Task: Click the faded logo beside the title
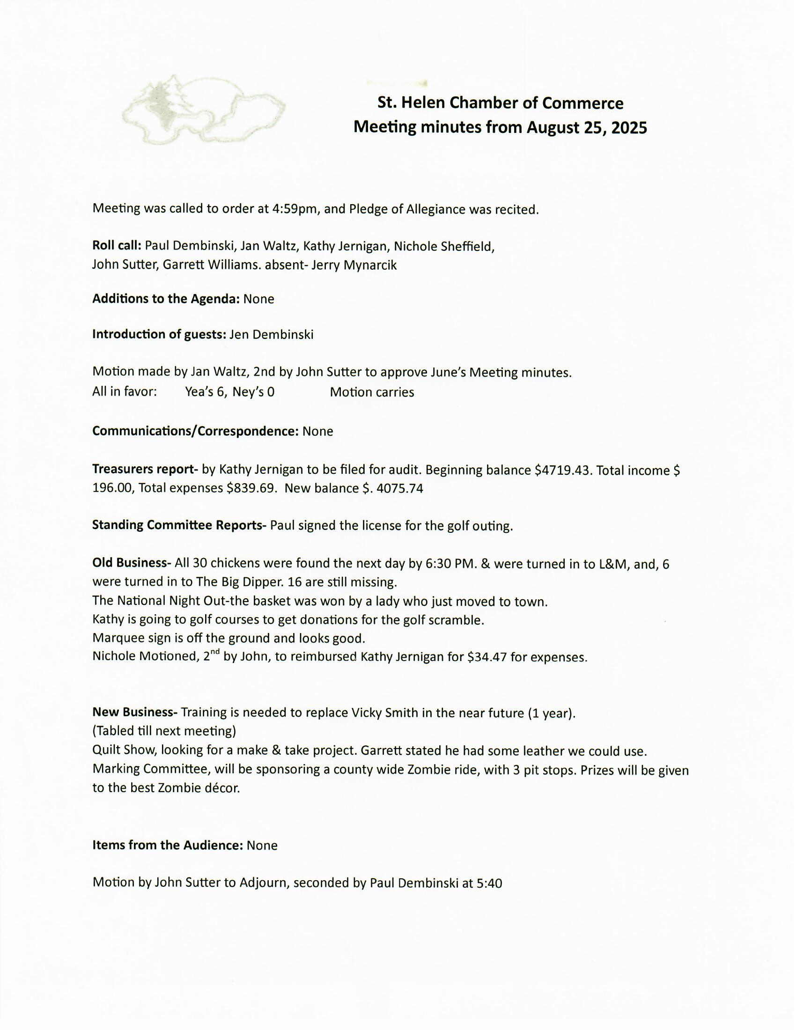point(203,110)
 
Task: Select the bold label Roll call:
point(117,246)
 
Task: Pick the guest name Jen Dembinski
point(271,334)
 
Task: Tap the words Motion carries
point(372,392)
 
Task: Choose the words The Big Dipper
point(240,582)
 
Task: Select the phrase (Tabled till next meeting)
point(164,731)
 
